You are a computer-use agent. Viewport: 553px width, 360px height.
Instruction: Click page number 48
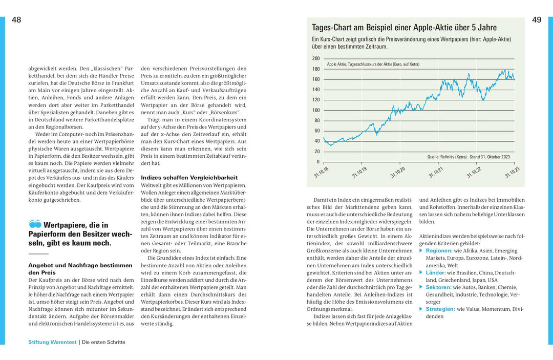tap(16, 20)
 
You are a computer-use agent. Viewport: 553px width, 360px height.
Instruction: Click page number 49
tap(537, 20)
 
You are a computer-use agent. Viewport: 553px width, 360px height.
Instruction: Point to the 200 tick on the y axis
tap(316, 58)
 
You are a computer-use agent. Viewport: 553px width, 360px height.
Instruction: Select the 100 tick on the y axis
tap(316, 110)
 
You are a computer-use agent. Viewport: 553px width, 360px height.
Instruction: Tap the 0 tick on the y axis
tap(318, 162)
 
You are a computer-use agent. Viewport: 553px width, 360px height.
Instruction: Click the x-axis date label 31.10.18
tap(321, 172)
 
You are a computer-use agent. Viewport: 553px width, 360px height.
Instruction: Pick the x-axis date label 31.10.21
tap(435, 172)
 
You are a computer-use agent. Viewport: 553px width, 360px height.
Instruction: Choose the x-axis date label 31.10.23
tap(512, 172)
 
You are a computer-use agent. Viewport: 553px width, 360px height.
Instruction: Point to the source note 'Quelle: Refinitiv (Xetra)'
tap(446, 157)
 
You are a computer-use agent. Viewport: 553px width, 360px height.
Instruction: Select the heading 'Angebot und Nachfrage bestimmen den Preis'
tap(79, 269)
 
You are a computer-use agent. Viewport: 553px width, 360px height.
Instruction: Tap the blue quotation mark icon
tap(35, 224)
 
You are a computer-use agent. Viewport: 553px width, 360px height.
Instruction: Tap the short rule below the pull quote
tap(38, 253)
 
